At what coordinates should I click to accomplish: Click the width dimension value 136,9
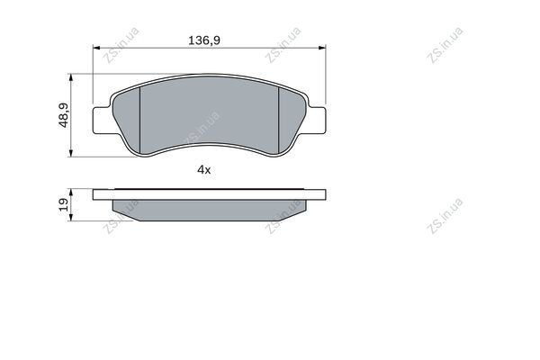point(204,40)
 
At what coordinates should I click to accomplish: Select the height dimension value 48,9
point(64,115)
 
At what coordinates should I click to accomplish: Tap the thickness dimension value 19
point(64,204)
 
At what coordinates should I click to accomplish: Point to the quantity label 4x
point(204,169)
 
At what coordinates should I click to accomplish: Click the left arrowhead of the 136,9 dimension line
point(96,48)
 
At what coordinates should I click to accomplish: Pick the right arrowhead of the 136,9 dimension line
point(322,48)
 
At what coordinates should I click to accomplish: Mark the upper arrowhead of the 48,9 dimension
point(71,77)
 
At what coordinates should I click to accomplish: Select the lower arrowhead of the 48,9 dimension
point(71,153)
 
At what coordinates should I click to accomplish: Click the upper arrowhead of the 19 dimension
point(71,193)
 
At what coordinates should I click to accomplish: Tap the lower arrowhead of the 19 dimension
point(71,217)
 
